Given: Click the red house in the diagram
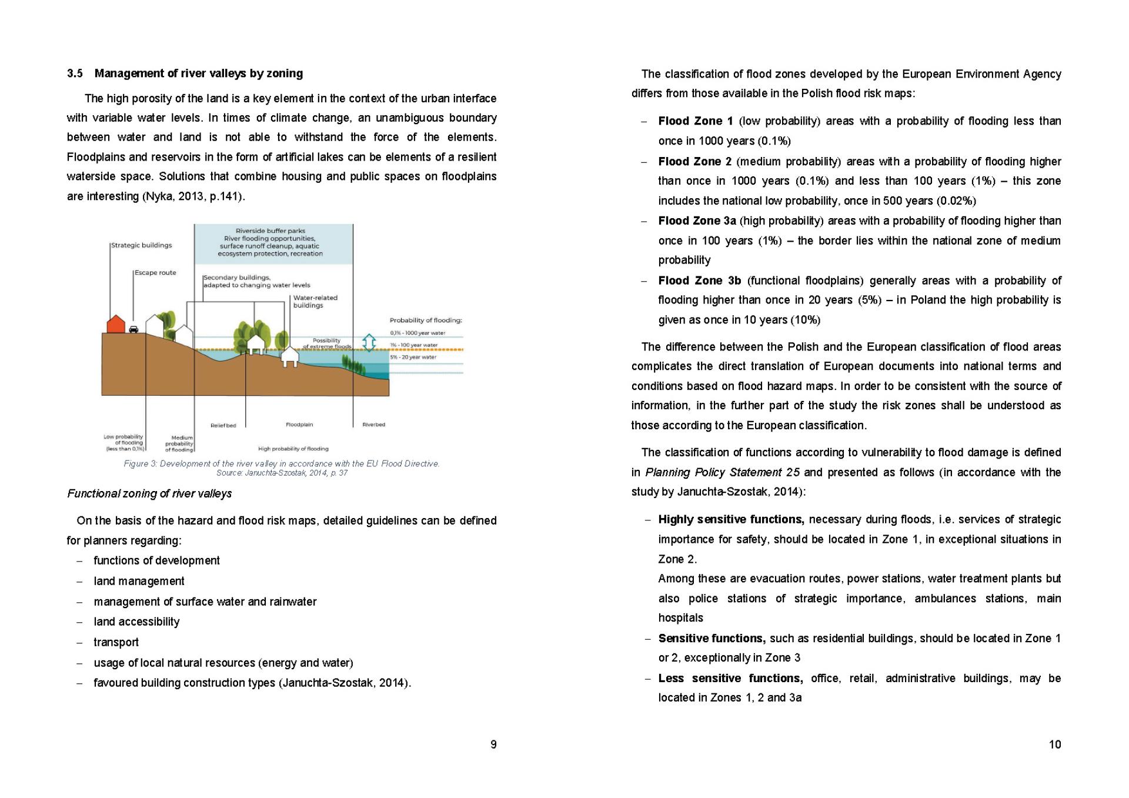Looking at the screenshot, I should tap(116, 324).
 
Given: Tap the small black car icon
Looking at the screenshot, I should tap(133, 329).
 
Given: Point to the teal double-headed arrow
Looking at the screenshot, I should tap(369, 342).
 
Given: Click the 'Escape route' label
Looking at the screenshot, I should tap(155, 273).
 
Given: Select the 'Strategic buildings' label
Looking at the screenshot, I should tap(142, 245).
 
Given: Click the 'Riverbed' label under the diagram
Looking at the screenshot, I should tap(373, 425).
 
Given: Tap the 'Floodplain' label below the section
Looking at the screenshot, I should tap(299, 425).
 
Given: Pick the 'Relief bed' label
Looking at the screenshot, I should tap(223, 425).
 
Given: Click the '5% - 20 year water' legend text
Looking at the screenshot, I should tap(413, 357).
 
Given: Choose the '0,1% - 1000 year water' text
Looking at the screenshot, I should tap(417, 333).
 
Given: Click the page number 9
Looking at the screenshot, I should tap(493, 744).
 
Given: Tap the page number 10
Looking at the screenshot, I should tap(1055, 744).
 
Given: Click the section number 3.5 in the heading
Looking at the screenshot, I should tap(75, 74).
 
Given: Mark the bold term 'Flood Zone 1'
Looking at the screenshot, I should tap(696, 121).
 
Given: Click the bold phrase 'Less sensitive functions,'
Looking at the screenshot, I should tap(730, 678).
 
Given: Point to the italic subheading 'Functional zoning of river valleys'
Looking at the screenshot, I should tap(149, 493).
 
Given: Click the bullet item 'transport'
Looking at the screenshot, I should tap(116, 642).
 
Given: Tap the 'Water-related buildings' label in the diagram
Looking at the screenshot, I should tap(315, 302).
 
